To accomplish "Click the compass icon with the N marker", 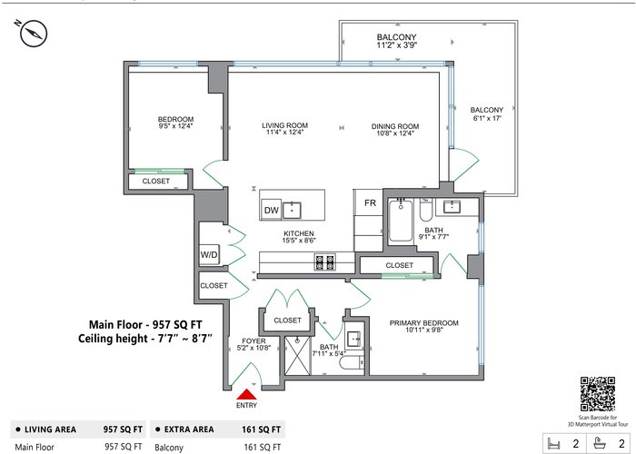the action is pos(34,33).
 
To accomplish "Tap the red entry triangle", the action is pos(246,394).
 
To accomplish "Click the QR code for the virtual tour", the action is pos(598,394).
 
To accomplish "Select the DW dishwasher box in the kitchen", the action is pos(272,210).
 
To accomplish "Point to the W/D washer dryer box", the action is pos(209,255).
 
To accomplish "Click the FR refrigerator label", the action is pos(371,202).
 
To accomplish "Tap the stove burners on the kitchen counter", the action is pos(325,262).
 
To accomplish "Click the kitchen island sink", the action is pos(292,210).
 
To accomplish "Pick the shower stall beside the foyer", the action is pos(298,356).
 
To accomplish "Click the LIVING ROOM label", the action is pos(284,125).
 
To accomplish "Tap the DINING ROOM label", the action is pos(395,126).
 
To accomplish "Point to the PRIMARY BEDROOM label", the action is pos(424,323).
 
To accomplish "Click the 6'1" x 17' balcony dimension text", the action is pos(487,118).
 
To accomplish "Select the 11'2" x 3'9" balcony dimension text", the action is pos(397,45).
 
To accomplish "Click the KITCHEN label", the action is pos(299,233).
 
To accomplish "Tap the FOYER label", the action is pos(253,340).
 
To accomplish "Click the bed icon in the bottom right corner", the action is pos(553,443).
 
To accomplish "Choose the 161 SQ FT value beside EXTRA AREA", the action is pos(262,429).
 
